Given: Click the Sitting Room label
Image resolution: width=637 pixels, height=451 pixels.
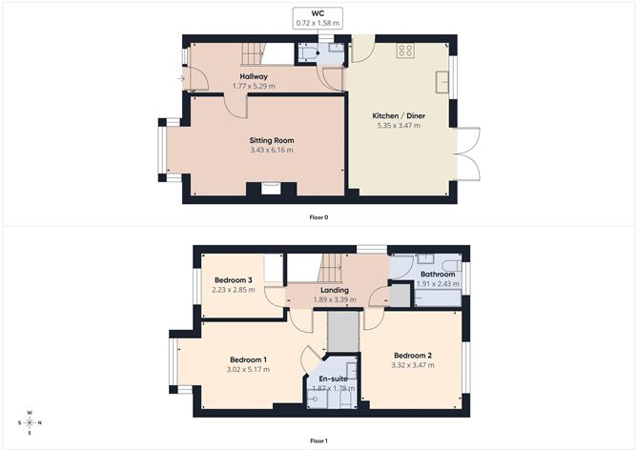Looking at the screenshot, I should click(271, 140).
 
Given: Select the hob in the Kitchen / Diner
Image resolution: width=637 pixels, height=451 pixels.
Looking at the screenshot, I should click(404, 51).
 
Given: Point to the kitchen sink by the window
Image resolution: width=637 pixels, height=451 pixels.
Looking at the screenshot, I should click(443, 83).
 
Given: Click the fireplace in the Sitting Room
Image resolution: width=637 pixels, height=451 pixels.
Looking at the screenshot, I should click(271, 189).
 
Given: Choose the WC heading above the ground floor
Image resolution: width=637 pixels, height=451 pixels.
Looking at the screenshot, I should click(318, 14).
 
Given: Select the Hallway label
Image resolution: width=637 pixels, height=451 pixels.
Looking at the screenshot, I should click(254, 76).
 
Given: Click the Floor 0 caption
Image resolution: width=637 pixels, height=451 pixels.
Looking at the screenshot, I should click(318, 217).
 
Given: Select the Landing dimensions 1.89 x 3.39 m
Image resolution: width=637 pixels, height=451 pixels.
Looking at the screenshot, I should click(334, 299).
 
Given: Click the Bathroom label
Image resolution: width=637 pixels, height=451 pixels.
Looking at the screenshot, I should click(438, 274).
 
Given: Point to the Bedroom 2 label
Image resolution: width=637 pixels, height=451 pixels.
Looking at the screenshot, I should click(412, 355).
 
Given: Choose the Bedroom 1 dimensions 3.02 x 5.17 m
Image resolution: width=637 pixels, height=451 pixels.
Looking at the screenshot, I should click(247, 369).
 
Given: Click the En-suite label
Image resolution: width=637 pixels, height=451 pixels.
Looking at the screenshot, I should click(332, 379).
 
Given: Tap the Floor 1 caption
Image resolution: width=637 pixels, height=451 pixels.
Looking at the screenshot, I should click(318, 441).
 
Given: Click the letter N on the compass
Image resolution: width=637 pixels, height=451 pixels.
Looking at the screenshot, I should click(38, 422).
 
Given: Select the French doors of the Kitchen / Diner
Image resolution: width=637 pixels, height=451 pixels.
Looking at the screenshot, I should click(466, 154).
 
